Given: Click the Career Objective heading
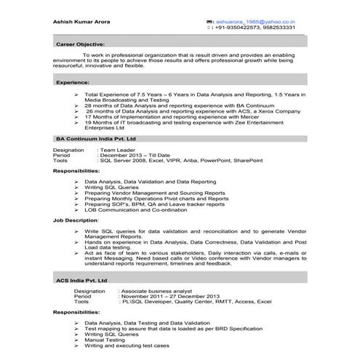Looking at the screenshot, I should click(80, 44).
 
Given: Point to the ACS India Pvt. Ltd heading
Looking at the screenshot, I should click(81, 279).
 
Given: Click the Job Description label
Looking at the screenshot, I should click(76, 220).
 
